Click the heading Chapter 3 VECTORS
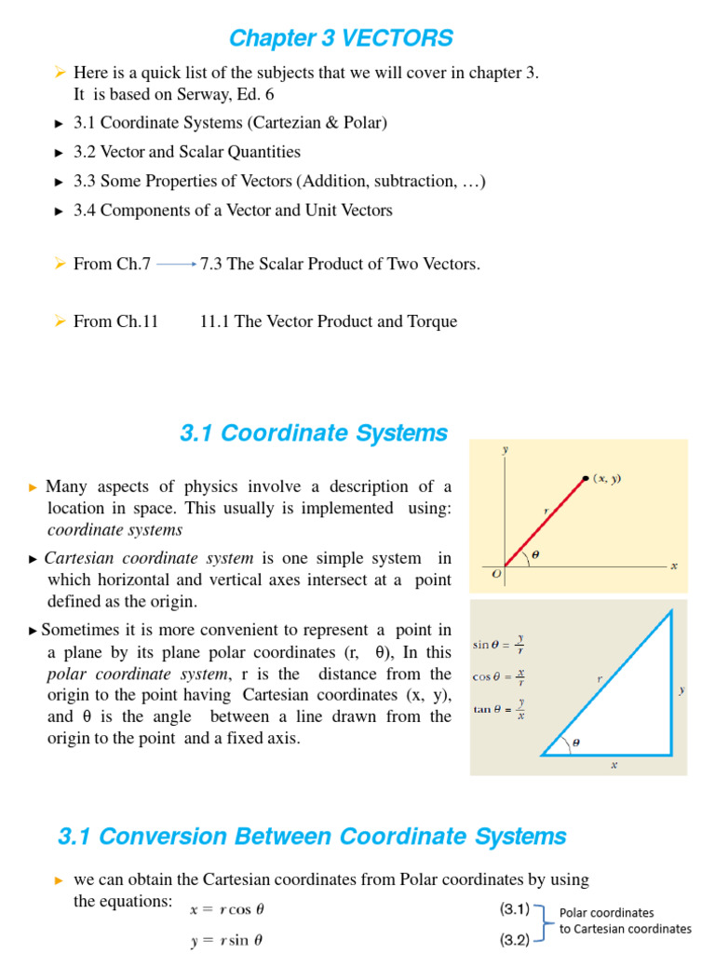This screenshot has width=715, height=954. (x=341, y=38)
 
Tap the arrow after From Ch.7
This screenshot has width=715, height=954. (x=176, y=265)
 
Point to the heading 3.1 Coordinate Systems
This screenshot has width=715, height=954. (x=313, y=433)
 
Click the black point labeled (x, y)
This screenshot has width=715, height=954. (x=585, y=478)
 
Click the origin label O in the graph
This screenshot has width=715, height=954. (x=496, y=575)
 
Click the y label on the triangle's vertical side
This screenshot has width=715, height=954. (x=681, y=690)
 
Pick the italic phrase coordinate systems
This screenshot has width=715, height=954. (x=115, y=530)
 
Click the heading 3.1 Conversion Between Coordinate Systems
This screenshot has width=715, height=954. (x=312, y=837)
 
